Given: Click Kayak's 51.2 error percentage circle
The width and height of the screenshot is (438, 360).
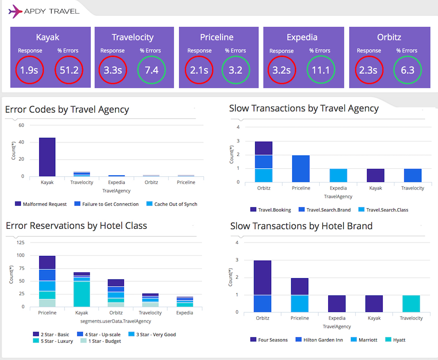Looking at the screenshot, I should [69, 70].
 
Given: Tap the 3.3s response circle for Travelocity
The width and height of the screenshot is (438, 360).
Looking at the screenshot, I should [113, 70].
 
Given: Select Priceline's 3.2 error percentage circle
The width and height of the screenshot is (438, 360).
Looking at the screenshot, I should [236, 70].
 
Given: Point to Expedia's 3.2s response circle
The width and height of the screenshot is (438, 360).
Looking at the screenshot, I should [282, 70].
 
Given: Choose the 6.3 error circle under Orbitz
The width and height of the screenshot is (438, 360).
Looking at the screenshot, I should [407, 70].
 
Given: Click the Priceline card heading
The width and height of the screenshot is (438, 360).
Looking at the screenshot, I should [217, 37].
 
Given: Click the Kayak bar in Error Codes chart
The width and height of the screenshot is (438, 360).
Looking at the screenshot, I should [47, 157].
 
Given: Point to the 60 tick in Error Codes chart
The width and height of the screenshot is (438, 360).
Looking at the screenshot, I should [21, 125].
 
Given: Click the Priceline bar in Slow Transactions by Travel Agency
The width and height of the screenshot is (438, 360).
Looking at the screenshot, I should [301, 169].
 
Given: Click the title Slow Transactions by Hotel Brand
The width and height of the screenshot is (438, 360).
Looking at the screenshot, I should [301, 226].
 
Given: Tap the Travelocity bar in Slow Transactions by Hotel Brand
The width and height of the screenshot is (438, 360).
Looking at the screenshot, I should [411, 303].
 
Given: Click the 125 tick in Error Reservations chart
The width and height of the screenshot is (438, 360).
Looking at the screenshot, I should [20, 243].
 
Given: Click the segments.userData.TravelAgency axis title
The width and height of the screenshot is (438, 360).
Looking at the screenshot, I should [116, 321].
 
